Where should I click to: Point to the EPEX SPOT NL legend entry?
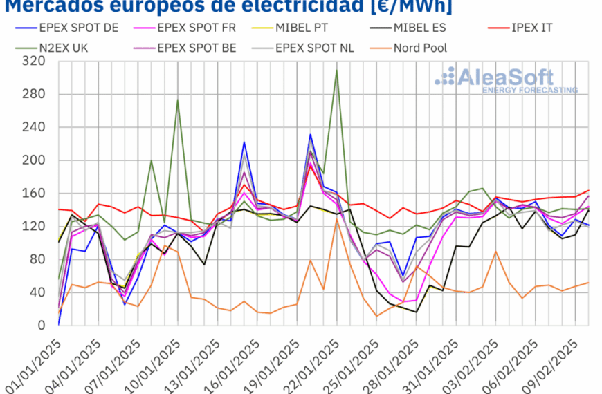coord(316,48)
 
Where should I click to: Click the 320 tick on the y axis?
coord(34,61)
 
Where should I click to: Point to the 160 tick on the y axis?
coord(34,193)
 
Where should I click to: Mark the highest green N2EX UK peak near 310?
coord(337,70)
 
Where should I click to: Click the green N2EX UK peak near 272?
coord(178,100)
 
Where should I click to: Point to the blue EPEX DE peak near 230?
coord(311,135)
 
